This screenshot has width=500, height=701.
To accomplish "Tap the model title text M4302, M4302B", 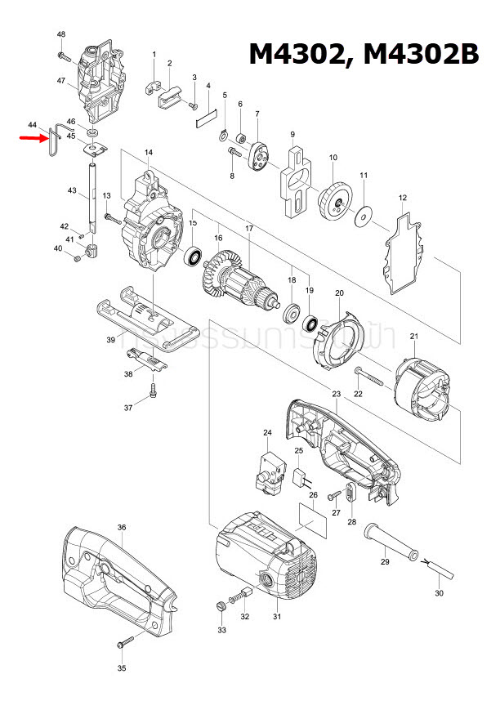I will pyautogui.click(x=364, y=53).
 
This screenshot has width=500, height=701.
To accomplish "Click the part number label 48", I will pyautogui.click(x=61, y=33).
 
